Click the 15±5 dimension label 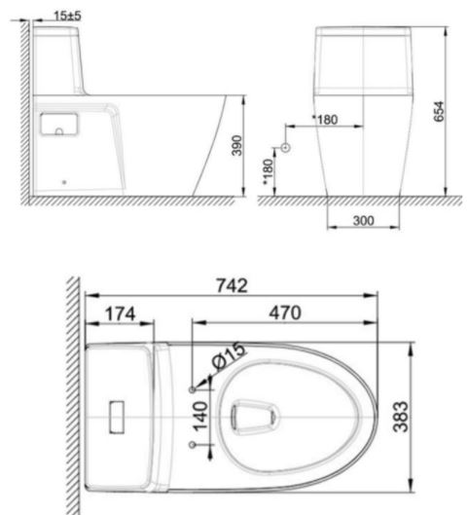click(x=67, y=16)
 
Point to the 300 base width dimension click(x=363, y=221)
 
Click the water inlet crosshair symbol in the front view click(x=285, y=148)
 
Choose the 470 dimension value click(x=285, y=313)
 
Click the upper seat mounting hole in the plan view click(x=192, y=388)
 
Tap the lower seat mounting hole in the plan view click(x=192, y=445)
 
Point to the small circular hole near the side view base click(x=64, y=181)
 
